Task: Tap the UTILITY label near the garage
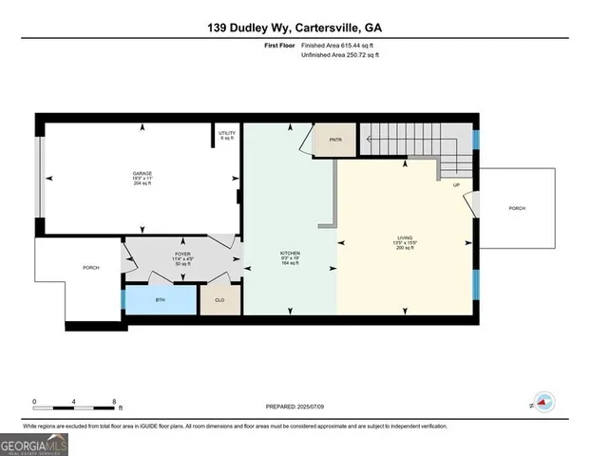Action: click(x=226, y=133)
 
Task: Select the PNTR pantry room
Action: click(x=335, y=141)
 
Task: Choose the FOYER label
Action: click(x=183, y=255)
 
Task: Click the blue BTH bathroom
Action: click(x=159, y=299)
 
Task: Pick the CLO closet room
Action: click(x=219, y=299)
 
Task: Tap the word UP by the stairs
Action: click(x=457, y=185)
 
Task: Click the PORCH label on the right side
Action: click(x=517, y=208)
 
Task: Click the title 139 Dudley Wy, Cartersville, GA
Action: click(x=295, y=28)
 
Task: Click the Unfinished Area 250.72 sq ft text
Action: click(x=339, y=56)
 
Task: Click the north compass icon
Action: click(x=543, y=402)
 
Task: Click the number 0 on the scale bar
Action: click(x=34, y=402)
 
